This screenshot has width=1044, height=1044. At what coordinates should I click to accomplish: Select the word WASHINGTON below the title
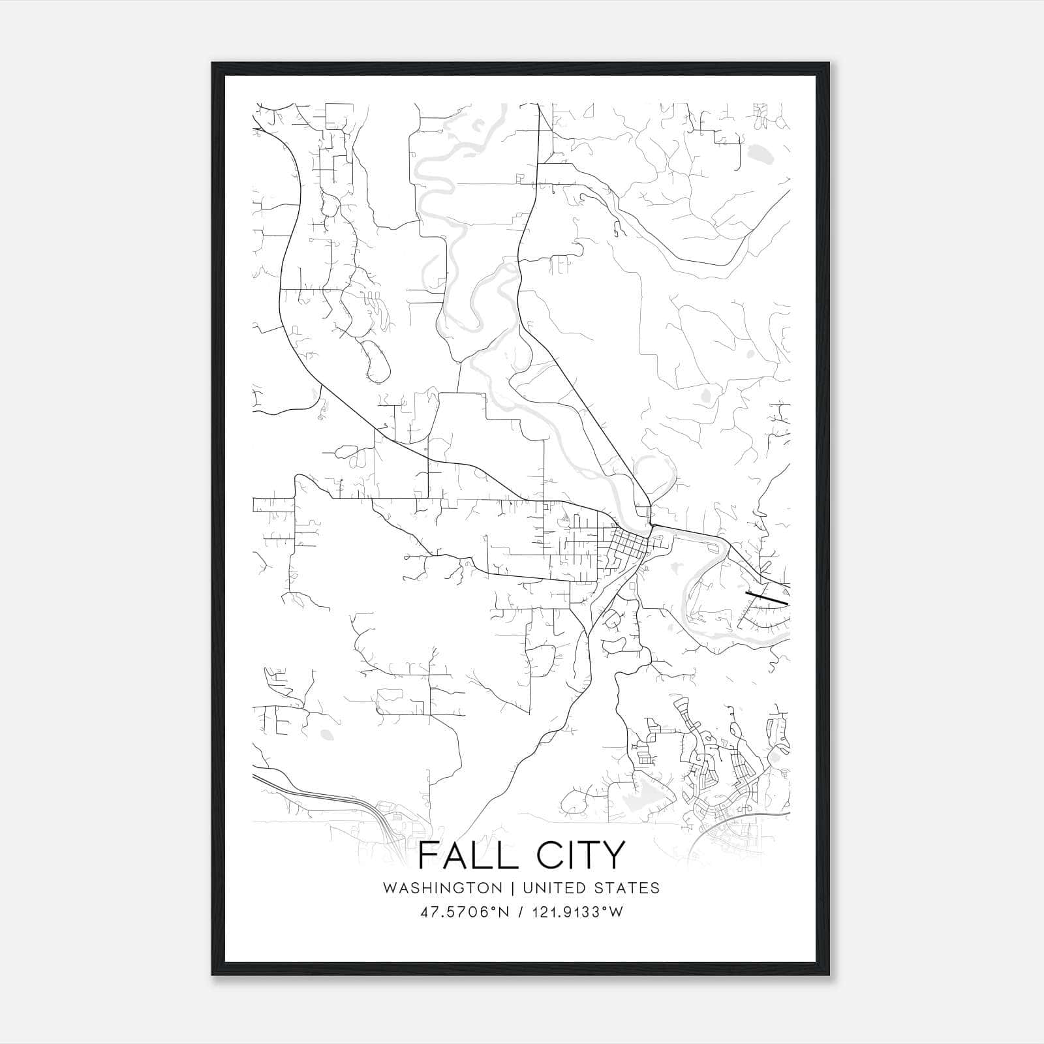[443, 888]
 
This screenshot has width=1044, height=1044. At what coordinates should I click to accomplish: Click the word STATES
[628, 888]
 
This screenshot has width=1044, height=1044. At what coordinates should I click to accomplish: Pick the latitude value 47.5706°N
[463, 912]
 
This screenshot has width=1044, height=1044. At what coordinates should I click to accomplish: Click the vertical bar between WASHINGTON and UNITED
[513, 888]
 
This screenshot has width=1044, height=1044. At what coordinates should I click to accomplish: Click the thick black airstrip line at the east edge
[767, 597]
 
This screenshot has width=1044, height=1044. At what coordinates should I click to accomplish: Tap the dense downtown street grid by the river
[628, 543]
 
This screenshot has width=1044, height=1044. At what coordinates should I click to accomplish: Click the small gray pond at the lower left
[326, 735]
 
